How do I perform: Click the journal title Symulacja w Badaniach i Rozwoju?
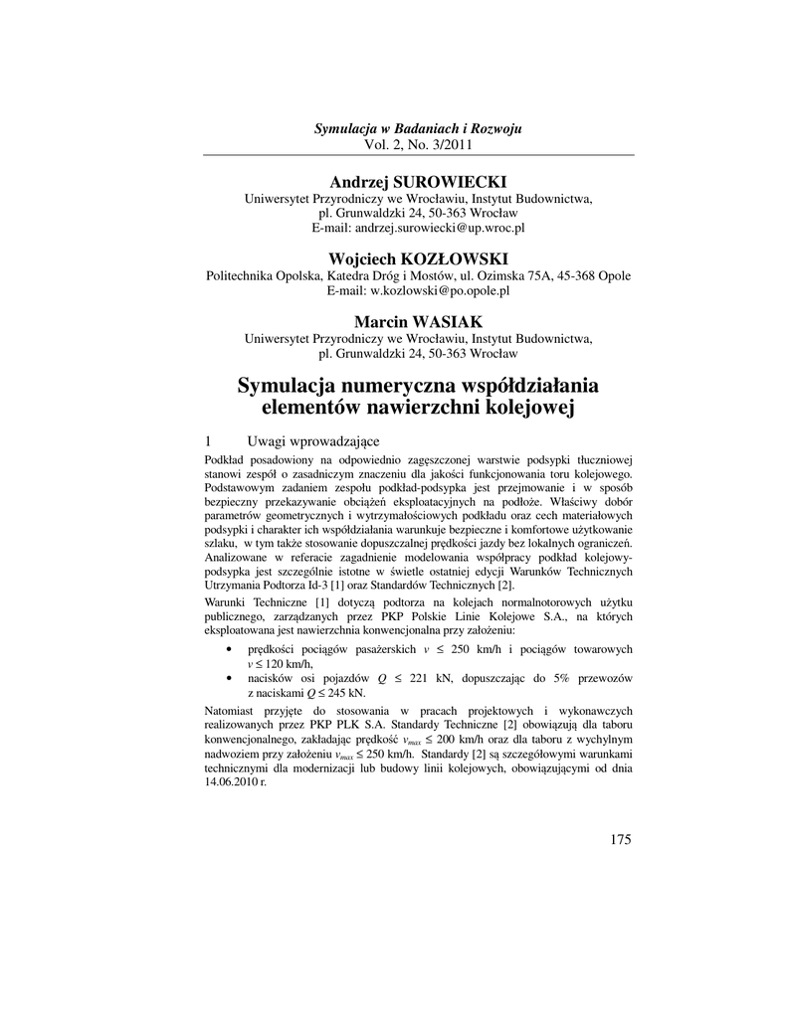pos(418,129)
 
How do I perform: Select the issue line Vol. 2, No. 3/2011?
pos(418,144)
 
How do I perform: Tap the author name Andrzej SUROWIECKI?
pos(418,182)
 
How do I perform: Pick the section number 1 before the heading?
pos(207,440)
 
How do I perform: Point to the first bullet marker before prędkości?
pos(231,649)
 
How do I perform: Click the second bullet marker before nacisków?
pos(231,677)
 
